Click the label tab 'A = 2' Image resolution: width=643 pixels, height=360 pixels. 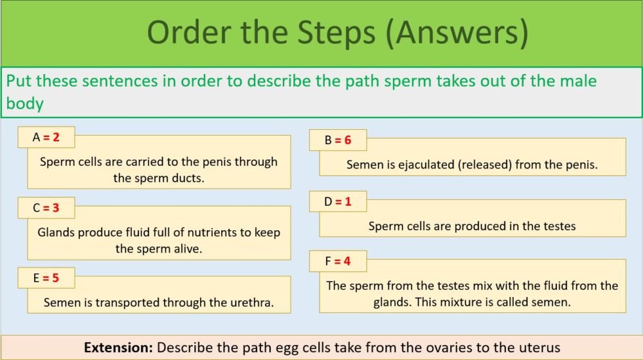click(46, 137)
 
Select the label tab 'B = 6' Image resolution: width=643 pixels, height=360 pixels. click(338, 139)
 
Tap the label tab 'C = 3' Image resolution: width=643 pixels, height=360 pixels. click(46, 208)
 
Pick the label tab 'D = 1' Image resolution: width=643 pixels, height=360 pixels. click(338, 201)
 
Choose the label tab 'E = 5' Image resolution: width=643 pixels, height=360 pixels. click(46, 278)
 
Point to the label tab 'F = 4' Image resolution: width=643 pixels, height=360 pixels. click(338, 261)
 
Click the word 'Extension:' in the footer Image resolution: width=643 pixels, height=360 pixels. click(118, 348)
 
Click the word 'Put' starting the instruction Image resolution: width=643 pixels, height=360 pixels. click(18, 82)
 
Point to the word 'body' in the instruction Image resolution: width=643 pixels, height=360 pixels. click(24, 104)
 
